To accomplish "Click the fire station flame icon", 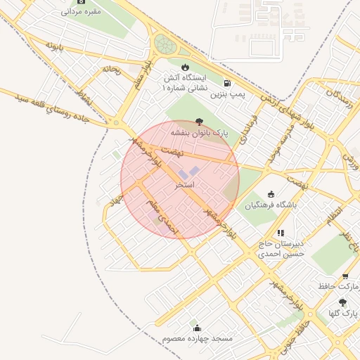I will [x=185, y=67].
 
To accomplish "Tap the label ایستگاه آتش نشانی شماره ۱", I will [x=185, y=83].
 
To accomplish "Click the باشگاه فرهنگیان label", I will [x=271, y=205].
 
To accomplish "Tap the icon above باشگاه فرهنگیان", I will [x=272, y=194].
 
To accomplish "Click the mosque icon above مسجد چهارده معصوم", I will [x=197, y=328].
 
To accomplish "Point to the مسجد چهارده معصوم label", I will [x=197, y=339].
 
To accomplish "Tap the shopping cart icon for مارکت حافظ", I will [x=345, y=276].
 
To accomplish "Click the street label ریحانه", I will [x=111, y=70].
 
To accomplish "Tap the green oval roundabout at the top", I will [x=167, y=44].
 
